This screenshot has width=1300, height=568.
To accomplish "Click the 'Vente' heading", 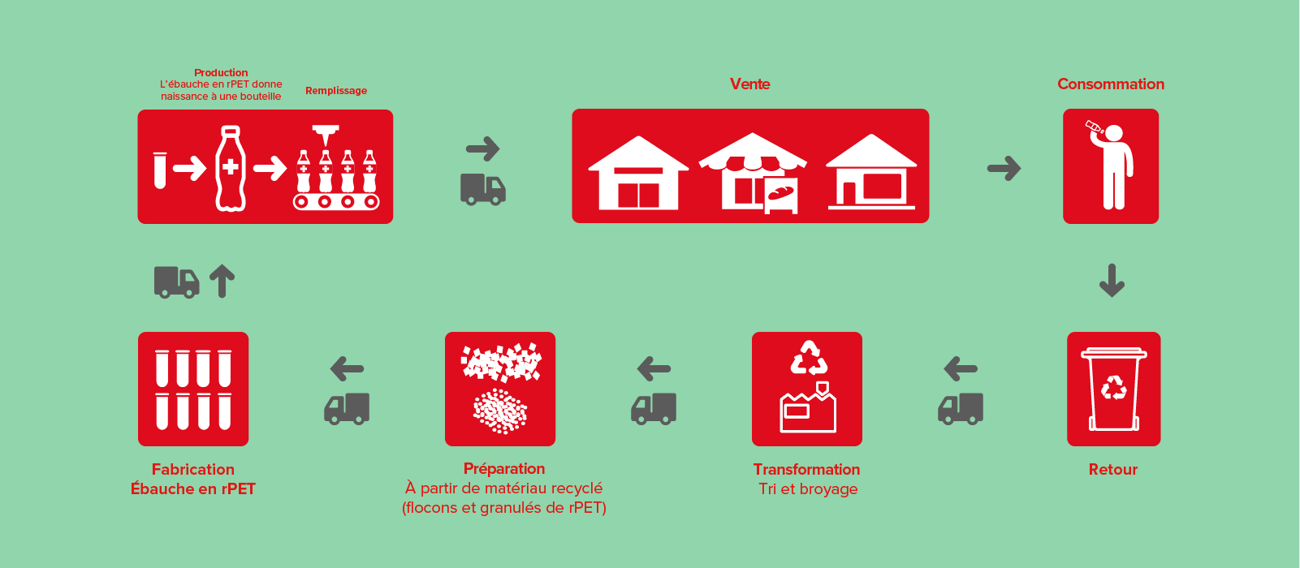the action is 749,84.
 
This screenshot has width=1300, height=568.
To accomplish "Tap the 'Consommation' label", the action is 1111,84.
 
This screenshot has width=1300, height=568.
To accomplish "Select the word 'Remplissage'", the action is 336,91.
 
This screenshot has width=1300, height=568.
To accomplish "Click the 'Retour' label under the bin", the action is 1113,469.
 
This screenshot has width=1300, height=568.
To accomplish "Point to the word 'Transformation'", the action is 806,469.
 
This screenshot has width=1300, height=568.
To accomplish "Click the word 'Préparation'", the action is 504,469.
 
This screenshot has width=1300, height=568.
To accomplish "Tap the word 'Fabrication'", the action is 193,469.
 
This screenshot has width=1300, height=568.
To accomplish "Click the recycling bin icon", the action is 1114,389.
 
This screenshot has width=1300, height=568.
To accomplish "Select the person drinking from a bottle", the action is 1111,166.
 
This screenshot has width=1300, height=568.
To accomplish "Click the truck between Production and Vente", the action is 483,189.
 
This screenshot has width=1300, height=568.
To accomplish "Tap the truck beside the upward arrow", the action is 176,282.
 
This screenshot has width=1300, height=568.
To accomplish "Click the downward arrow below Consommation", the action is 1112,281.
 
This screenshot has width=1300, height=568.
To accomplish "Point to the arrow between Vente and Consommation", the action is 1004,169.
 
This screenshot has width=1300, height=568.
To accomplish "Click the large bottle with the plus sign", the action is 231,168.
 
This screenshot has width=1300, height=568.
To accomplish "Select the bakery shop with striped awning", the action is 753,173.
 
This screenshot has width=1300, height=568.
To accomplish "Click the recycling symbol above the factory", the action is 809,358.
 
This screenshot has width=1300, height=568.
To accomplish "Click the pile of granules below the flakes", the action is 500,411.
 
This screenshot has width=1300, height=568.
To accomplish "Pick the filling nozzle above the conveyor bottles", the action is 326,136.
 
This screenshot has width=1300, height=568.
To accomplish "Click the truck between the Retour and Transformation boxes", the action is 961,409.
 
